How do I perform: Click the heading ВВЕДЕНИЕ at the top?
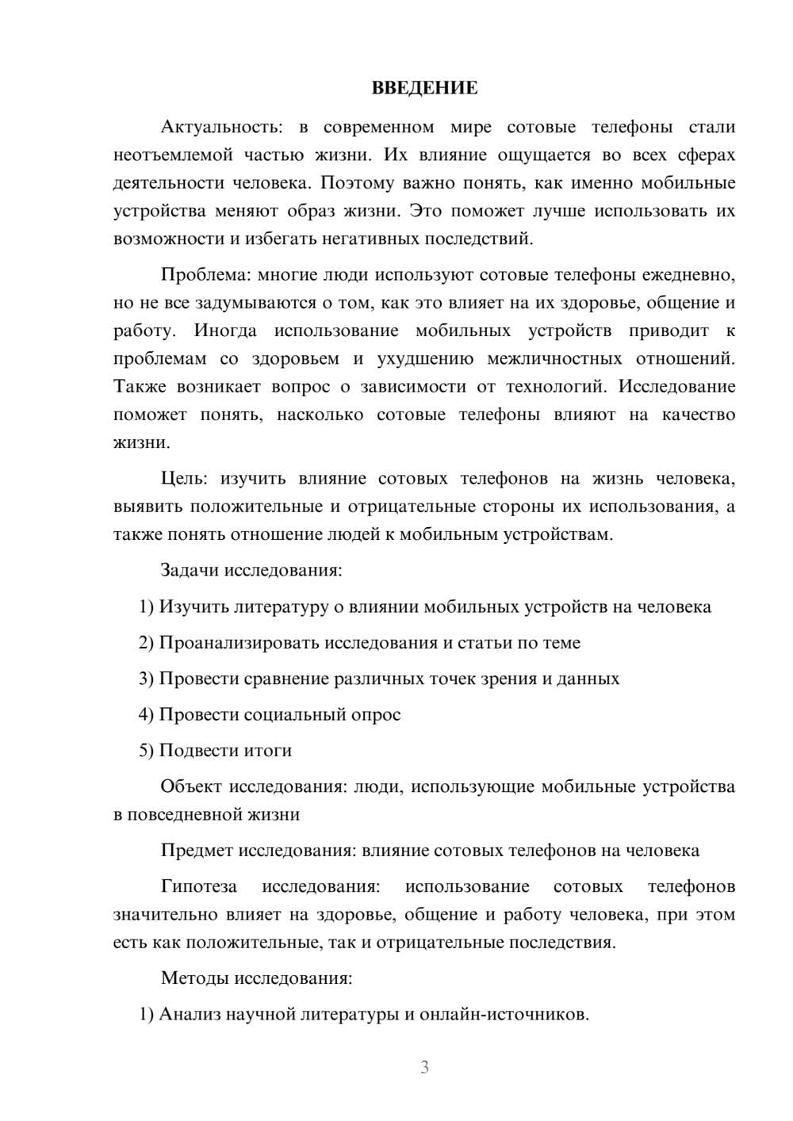coord(424,88)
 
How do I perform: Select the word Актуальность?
coord(220,127)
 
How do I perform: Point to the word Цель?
coord(184,479)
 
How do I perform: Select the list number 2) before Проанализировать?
coord(146,643)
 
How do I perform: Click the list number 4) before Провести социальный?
coord(146,714)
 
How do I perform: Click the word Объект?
coord(191,786)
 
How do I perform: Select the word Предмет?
coord(197,851)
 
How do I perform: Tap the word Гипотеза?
coord(198,886)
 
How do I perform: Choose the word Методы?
coord(194,978)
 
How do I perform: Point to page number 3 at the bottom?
coord(424,1067)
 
